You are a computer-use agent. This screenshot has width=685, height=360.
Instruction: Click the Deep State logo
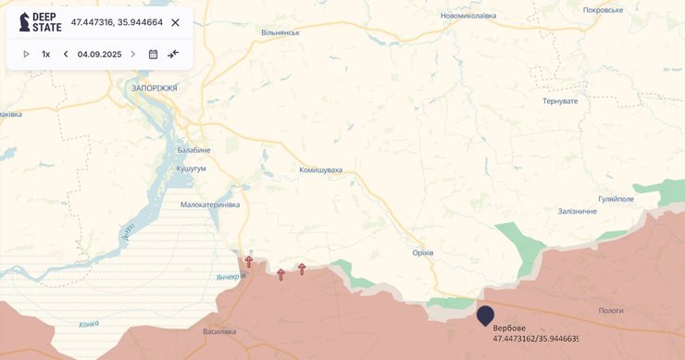point(40,22)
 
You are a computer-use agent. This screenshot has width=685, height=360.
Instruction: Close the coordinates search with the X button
point(175,22)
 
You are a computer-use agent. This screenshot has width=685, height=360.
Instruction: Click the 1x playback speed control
point(45,54)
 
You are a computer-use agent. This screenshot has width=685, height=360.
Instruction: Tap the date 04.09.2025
point(99,54)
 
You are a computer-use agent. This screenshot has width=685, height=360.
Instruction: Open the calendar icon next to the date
point(153,54)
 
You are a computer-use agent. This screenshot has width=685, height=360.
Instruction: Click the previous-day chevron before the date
point(66,54)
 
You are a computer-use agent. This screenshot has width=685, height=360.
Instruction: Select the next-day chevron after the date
point(132,54)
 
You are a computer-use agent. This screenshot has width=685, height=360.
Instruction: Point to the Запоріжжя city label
point(155,88)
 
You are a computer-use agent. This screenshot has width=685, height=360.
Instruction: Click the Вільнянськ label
point(280,32)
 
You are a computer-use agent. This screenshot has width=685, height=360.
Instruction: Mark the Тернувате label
point(560,100)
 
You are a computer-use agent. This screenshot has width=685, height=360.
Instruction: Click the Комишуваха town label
point(320,170)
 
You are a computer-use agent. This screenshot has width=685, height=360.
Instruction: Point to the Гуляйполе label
point(616,199)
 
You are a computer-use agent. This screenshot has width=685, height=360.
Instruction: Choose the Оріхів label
point(423,253)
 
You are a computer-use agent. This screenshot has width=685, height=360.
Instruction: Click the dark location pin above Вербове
point(485,316)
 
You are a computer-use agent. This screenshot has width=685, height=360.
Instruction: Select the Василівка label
point(219,331)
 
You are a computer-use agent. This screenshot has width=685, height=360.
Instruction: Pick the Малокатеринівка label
point(210,205)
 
